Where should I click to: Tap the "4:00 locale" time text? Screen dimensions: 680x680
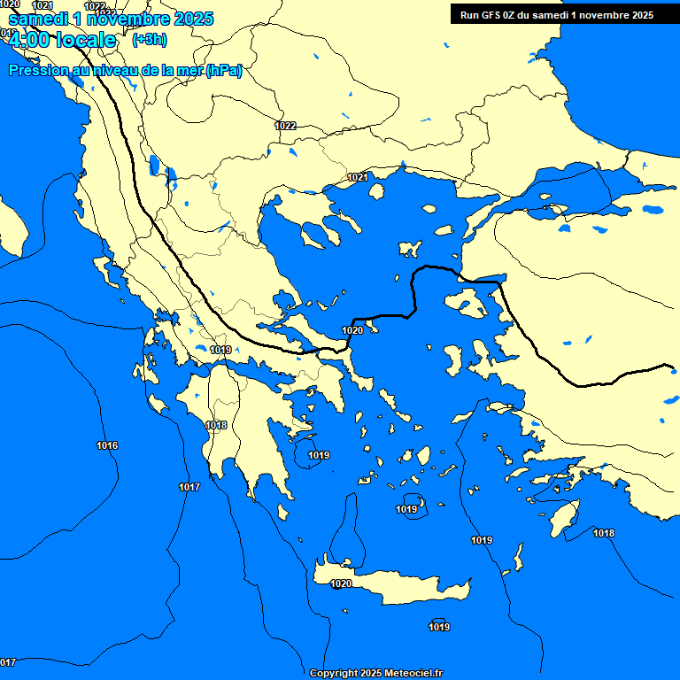[x=62, y=40]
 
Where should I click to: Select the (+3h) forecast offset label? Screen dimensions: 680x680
[x=149, y=40]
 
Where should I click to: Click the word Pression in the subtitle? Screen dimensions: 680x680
[x=41, y=70]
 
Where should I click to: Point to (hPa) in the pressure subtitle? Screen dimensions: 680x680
[x=223, y=70]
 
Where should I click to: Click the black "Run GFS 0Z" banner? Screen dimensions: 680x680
[x=556, y=14]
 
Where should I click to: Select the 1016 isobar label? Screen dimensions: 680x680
[x=107, y=445]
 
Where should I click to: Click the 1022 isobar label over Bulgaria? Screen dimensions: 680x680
[x=285, y=126]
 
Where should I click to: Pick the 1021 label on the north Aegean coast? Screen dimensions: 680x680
[x=358, y=177]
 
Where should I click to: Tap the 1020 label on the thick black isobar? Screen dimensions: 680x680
[x=352, y=330]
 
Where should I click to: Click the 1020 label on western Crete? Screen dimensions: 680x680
[x=341, y=583]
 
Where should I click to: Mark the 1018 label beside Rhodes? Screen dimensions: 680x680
[x=604, y=533]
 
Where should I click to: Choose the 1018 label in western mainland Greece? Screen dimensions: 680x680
[x=216, y=425]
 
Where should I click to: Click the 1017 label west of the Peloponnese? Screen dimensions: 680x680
[x=189, y=487]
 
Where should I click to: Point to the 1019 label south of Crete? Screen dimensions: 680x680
[x=439, y=627]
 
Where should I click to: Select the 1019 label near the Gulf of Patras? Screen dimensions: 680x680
[x=220, y=350]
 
